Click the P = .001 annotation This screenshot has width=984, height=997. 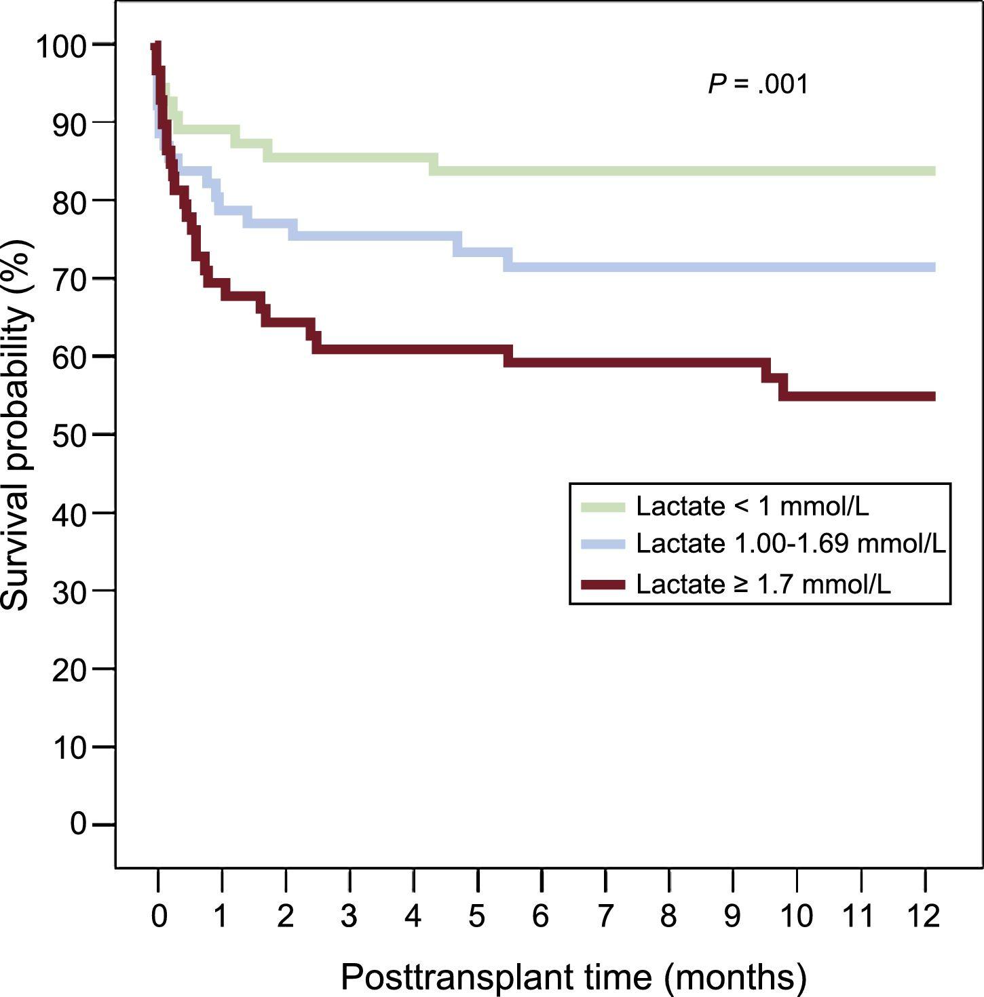tap(758, 85)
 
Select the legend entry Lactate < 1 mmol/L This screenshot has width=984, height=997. tap(752, 506)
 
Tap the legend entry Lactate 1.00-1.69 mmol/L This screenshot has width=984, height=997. tap(791, 544)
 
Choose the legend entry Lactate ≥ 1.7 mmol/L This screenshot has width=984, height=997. tap(763, 584)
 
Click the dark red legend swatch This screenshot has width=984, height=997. tap(603, 585)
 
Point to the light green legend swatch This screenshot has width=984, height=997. tap(603, 507)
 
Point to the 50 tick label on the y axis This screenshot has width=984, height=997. tap(70, 435)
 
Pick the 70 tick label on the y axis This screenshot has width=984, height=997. tap(70, 279)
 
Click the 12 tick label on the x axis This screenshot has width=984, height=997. tap(924, 916)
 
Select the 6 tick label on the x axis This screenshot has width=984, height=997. tap(541, 916)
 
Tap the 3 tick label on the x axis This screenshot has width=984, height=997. tap(349, 916)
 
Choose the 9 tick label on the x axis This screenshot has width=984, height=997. tap(732, 916)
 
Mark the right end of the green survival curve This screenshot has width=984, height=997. tap(934, 171)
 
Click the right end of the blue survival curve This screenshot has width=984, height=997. tap(934, 267)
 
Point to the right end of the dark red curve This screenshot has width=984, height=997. tap(934, 396)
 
